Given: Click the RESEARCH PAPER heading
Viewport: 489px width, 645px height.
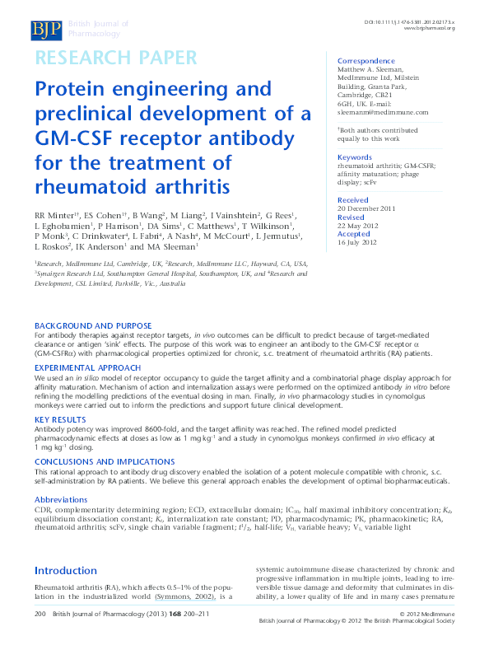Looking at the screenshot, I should pos(115,58).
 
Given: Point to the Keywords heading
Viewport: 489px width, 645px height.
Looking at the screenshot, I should pos(355,157).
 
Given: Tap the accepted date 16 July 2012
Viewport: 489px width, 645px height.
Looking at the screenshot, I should pos(358,242).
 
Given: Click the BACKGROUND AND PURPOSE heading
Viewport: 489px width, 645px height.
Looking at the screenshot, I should pos(93,326).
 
